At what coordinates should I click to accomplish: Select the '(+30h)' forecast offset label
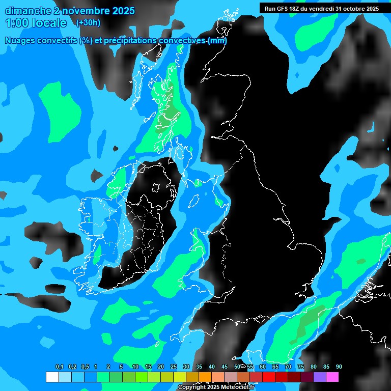pyautogui.click(x=88, y=22)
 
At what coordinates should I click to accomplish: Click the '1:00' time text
pyautogui.click(x=17, y=23)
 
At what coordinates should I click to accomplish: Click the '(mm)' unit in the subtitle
pyautogui.click(x=217, y=41)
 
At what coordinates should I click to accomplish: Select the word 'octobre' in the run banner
pyautogui.click(x=355, y=8)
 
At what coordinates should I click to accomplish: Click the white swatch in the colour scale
pyautogui.click(x=52, y=377)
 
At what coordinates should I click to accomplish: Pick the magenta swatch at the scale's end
pyautogui.click(x=332, y=377)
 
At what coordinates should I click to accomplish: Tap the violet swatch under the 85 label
pyautogui.click(x=320, y=377)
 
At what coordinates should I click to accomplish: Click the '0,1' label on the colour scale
pyautogui.click(x=59, y=367)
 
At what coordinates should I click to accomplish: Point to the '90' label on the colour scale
pyautogui.click(x=339, y=367)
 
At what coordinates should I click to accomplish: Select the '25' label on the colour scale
pyautogui.click(x=174, y=367)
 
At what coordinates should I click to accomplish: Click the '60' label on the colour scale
pyautogui.click(x=263, y=367)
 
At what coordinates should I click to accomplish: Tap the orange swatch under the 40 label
pyautogui.click(x=205, y=377)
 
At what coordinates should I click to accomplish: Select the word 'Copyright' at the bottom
pyautogui.click(x=192, y=387)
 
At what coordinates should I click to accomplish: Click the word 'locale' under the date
pyautogui.click(x=50, y=23)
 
